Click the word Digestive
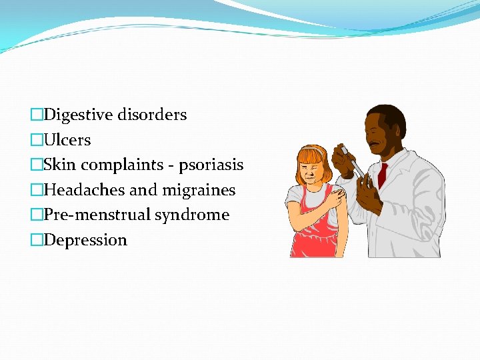click(x=79, y=115)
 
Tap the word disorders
click(x=152, y=115)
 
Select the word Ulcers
click(x=67, y=140)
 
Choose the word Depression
click(x=85, y=240)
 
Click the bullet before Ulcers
click(x=37, y=140)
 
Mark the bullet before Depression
click(x=37, y=240)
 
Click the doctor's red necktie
click(x=382, y=175)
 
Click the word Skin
click(x=60, y=165)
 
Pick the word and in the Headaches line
click(x=143, y=190)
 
